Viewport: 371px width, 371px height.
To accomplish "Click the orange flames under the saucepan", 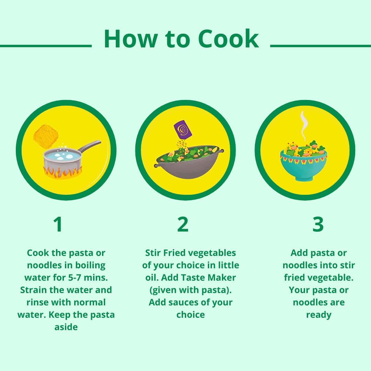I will click(x=63, y=172).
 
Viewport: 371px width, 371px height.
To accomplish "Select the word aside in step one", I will click(x=66, y=327).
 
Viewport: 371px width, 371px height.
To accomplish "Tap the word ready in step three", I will click(x=318, y=315).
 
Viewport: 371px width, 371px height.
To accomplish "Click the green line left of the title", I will click(x=45, y=45).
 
